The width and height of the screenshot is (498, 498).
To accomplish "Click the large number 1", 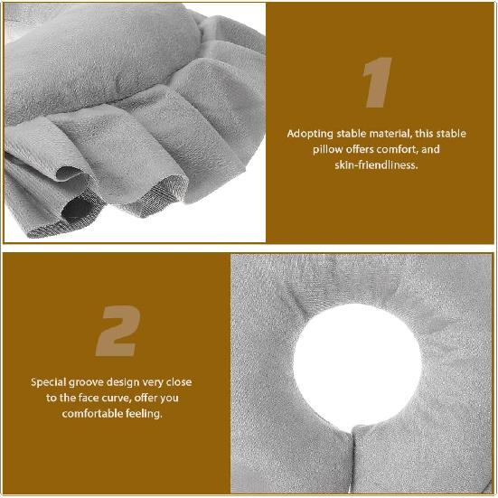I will [377, 84].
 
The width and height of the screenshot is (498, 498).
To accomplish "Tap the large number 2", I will [117, 331].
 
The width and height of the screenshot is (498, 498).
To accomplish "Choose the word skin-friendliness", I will [377, 165].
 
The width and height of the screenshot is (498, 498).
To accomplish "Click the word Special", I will [51, 382].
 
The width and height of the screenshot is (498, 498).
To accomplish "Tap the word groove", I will [93, 382].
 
